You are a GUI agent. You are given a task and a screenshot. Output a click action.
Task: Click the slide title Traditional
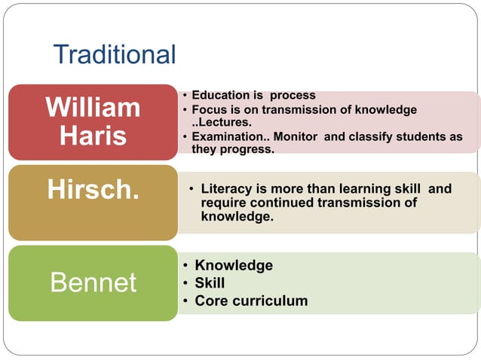(115, 54)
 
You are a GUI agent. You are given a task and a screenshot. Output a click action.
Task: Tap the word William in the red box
(93, 108)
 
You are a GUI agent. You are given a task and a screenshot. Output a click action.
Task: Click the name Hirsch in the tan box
(93, 190)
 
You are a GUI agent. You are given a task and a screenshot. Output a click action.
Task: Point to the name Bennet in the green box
(93, 283)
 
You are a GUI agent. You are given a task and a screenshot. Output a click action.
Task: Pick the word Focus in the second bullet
(209, 110)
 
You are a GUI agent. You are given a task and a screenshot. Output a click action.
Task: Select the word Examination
(227, 136)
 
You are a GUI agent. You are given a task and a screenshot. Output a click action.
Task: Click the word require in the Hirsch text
(223, 203)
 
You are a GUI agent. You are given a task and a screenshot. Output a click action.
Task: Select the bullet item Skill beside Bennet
(210, 283)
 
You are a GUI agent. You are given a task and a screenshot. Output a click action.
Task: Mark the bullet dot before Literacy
(191, 189)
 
